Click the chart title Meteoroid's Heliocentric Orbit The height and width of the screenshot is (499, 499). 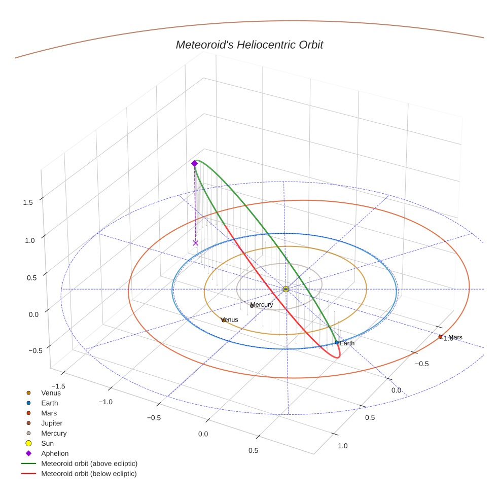[x=249, y=45]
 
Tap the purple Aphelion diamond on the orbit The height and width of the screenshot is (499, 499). [x=194, y=163]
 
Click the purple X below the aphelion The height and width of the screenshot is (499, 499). [x=195, y=243]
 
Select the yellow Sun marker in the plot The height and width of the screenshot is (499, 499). [x=286, y=289]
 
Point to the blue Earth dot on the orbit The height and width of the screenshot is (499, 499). [x=337, y=343]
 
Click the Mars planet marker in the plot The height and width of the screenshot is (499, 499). [x=440, y=337]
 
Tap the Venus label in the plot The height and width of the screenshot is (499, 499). [x=230, y=320]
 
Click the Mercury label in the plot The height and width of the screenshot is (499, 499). [x=262, y=305]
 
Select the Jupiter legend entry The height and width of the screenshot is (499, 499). [x=51, y=423]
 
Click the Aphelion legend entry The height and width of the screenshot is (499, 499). [x=54, y=453]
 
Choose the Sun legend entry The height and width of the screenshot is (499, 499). [x=47, y=443]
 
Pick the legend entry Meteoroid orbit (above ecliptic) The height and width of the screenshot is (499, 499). [x=89, y=464]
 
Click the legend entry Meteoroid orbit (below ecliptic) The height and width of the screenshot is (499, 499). [x=89, y=474]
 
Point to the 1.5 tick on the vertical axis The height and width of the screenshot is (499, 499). [x=28, y=202]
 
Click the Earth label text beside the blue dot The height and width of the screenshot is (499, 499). [x=347, y=343]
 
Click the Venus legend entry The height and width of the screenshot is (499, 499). [x=51, y=393]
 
